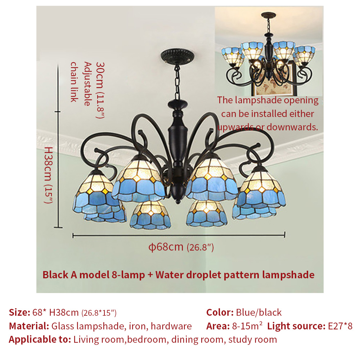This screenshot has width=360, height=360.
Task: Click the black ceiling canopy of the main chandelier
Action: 177,56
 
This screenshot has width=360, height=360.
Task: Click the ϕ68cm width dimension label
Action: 181,247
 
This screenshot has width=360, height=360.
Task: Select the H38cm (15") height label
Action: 49,175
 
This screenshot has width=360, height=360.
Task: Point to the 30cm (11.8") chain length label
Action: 100,90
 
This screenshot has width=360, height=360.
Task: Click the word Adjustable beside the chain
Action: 87,84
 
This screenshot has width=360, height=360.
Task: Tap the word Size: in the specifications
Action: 19,312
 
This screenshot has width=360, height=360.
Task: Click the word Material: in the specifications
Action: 29,326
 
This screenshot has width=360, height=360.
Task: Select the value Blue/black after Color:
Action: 259,312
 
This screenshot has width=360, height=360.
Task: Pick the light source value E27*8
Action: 340,326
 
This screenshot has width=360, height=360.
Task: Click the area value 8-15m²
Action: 247,326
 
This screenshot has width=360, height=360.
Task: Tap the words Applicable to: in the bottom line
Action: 40,339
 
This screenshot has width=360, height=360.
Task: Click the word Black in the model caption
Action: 55,275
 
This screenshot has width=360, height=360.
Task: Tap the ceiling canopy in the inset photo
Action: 269,15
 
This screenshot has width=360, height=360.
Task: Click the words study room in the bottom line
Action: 253,339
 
